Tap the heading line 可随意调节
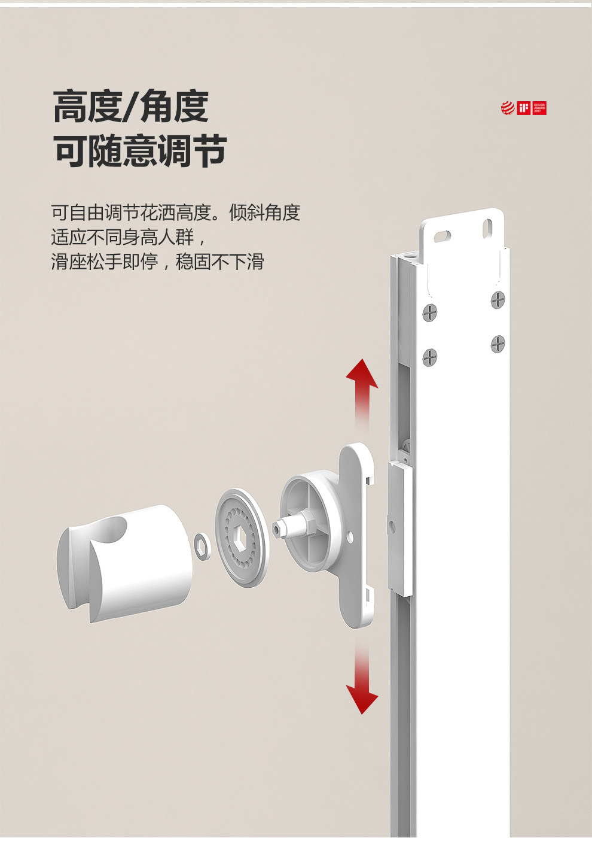click(140, 150)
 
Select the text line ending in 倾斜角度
click(175, 212)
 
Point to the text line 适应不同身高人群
click(128, 237)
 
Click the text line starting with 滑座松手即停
click(157, 262)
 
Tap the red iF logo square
click(524, 108)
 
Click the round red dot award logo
click(508, 108)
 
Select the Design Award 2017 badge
click(539, 108)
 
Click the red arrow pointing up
click(362, 389)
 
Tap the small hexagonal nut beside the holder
click(203, 543)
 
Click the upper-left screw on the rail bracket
click(430, 312)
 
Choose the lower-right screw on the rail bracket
click(498, 344)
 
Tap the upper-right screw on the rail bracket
click(498, 299)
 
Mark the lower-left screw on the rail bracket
click(430, 357)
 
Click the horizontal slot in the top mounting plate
click(443, 235)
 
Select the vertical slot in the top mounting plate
click(487, 227)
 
